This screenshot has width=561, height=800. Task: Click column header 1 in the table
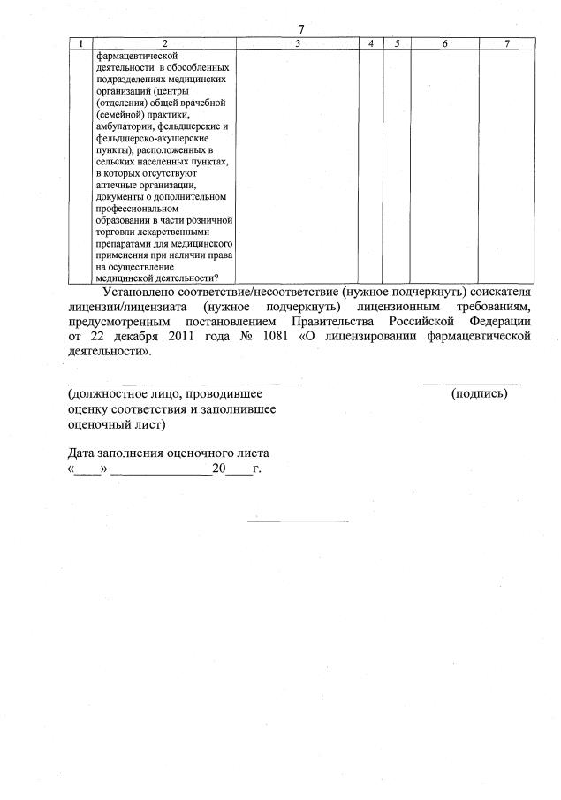point(81,43)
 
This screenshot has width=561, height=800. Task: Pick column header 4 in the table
point(371,43)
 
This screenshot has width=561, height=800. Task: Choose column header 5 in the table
point(397,43)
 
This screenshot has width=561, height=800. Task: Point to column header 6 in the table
point(444,43)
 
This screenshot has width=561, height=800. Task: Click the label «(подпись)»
point(479,392)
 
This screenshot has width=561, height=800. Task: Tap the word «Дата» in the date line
point(85,453)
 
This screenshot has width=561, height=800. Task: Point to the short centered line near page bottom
point(298,520)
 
